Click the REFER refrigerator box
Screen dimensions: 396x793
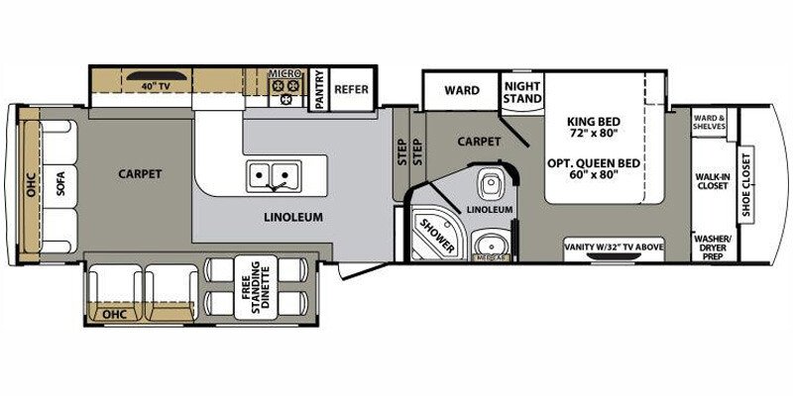pos(351,89)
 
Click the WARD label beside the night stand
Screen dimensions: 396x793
pos(461,91)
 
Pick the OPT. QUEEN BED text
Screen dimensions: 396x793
pos(594,167)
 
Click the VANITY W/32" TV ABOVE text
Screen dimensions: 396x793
pos(613,245)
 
